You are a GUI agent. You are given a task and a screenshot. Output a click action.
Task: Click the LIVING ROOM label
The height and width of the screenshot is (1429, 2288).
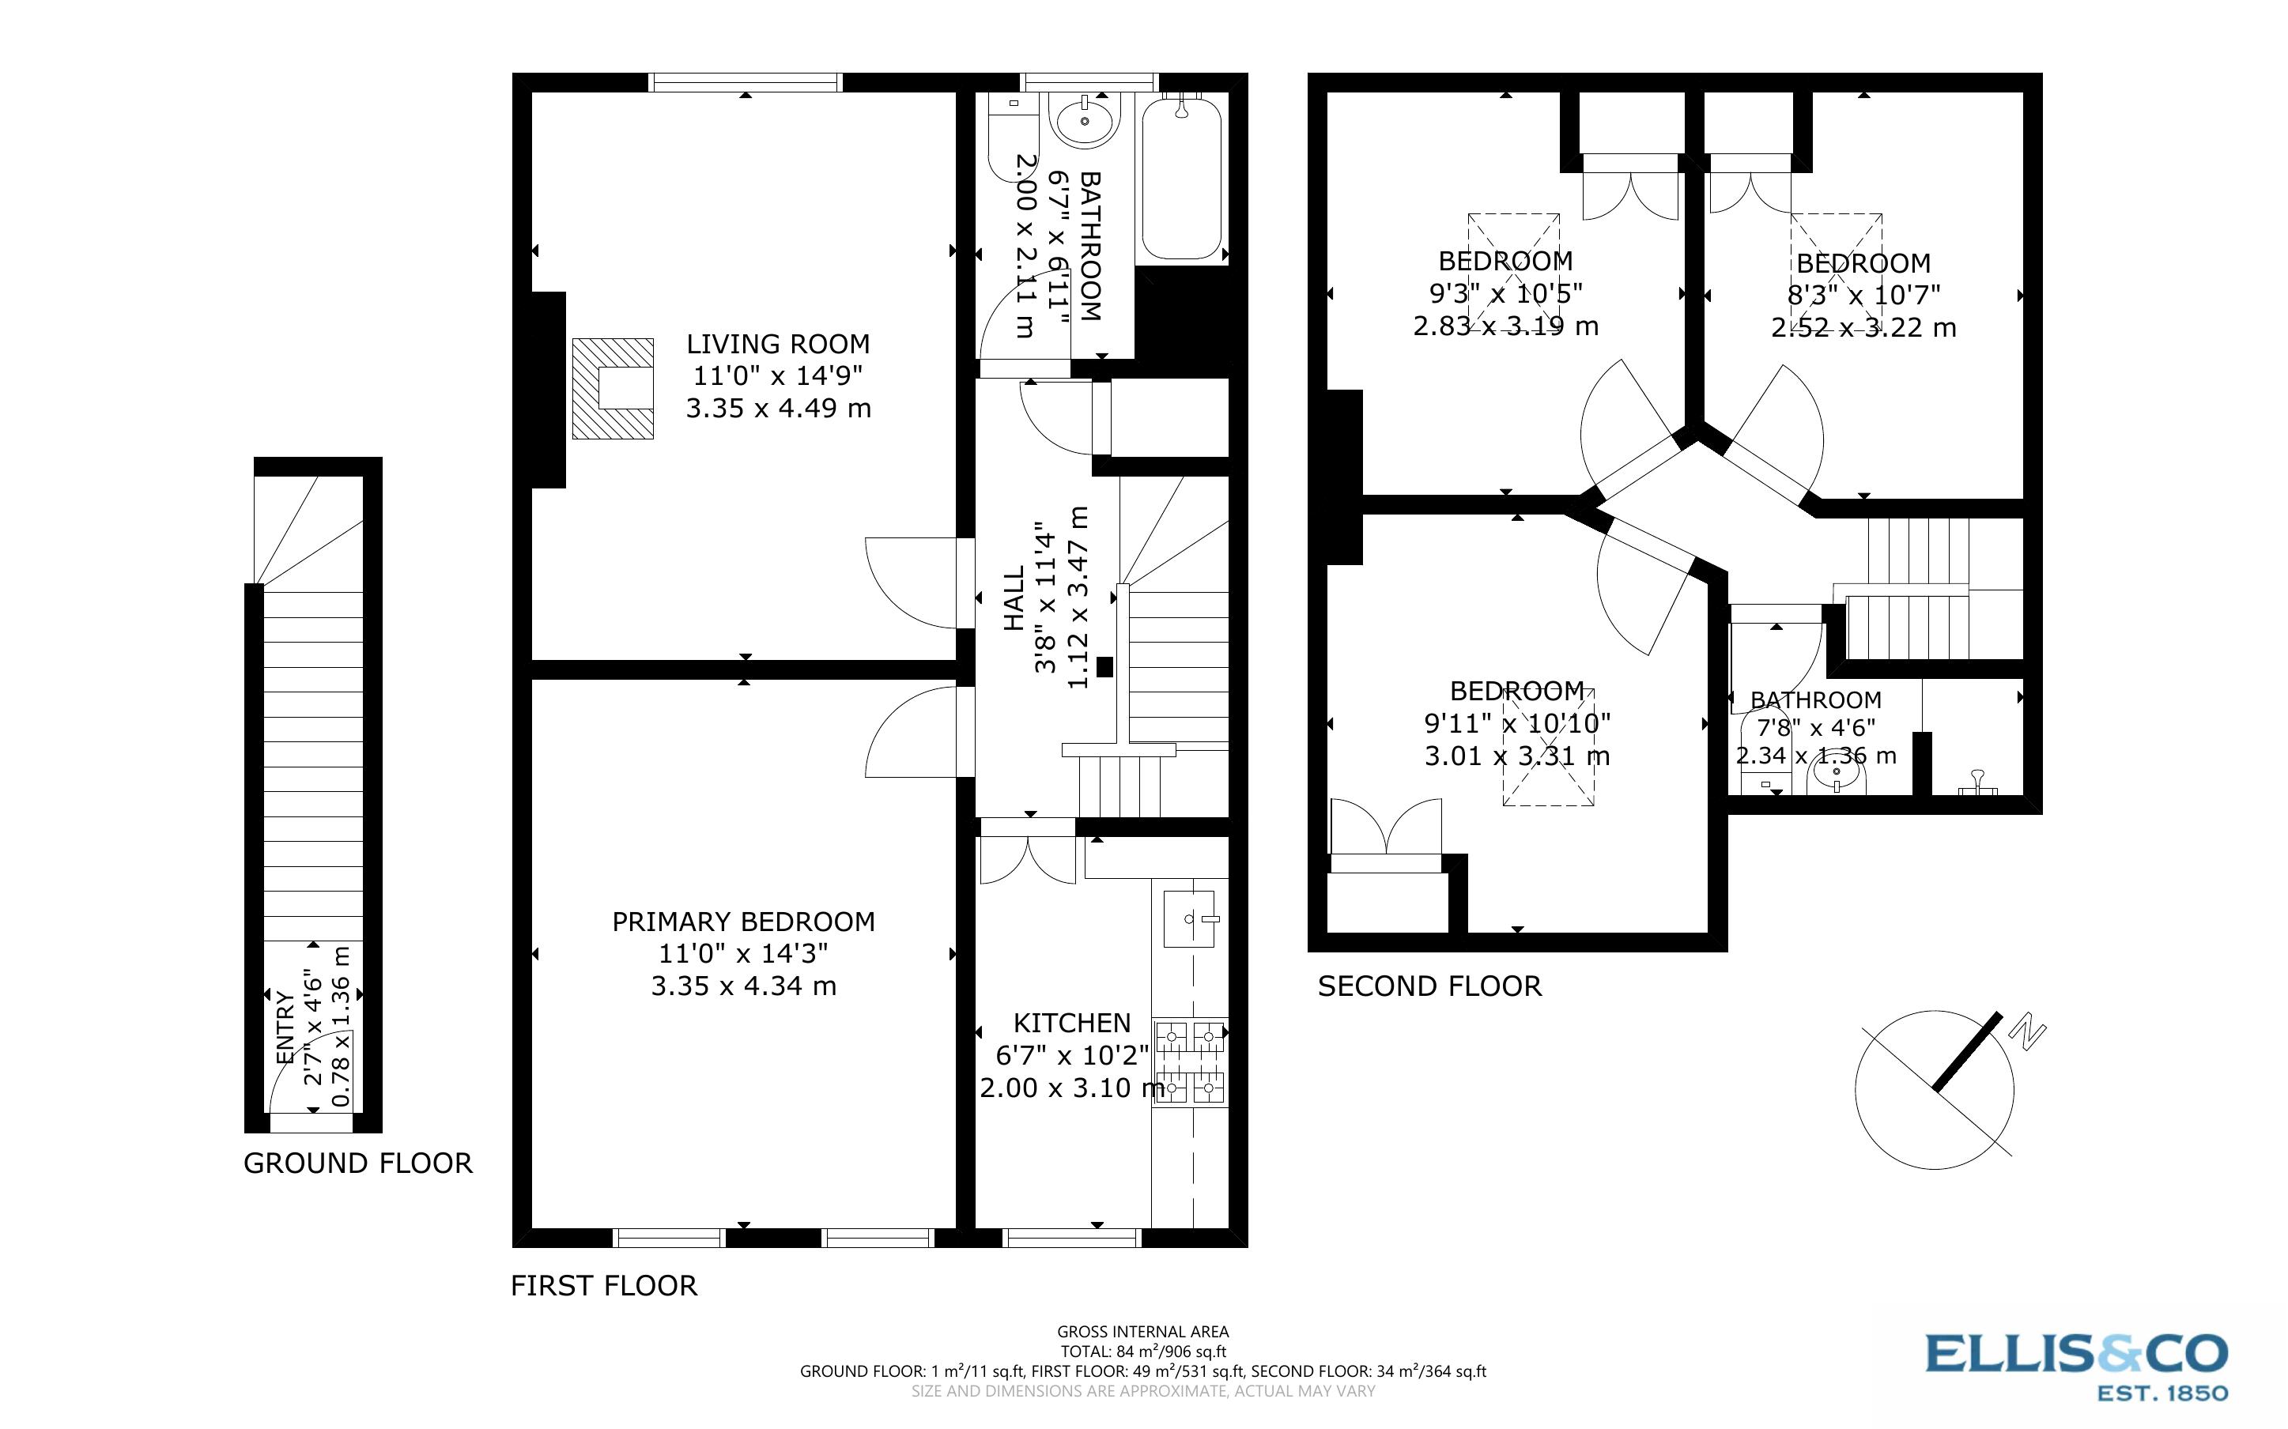click(778, 344)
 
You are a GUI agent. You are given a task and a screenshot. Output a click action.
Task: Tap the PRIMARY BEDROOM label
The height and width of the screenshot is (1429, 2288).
click(744, 922)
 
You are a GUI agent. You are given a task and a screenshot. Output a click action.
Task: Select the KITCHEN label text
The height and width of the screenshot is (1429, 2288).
click(1072, 1023)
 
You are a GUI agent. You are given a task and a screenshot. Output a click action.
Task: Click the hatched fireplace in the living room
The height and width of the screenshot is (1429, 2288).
click(613, 388)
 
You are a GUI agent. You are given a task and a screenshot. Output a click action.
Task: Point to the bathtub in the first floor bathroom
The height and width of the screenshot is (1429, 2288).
click(1181, 179)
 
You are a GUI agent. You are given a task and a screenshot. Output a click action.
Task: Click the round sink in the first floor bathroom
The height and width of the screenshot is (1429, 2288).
click(1085, 120)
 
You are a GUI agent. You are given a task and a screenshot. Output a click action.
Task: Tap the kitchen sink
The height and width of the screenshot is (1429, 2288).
click(1189, 918)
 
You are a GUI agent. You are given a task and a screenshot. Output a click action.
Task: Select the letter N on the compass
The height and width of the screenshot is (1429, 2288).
click(2027, 1033)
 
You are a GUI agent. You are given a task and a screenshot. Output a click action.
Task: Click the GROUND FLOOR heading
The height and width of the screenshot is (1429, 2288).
click(358, 1163)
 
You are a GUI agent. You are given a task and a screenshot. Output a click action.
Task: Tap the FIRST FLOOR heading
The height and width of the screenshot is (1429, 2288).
click(604, 1285)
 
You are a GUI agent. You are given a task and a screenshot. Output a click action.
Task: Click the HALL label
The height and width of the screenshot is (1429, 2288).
click(1013, 598)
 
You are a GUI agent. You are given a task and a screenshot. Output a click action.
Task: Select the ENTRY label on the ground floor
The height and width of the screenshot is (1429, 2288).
click(285, 1027)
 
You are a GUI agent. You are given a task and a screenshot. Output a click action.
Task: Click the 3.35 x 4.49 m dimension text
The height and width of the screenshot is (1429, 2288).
click(778, 409)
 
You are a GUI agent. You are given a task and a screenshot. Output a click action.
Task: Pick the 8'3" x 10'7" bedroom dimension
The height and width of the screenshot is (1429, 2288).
click(1863, 296)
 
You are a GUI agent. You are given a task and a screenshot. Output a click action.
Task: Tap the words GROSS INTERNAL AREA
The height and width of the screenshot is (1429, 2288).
click(1142, 1333)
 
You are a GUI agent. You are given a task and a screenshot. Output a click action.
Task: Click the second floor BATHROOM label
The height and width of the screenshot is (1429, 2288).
click(1815, 700)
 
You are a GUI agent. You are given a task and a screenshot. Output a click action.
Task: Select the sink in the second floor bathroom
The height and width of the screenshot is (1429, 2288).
click(1837, 776)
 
